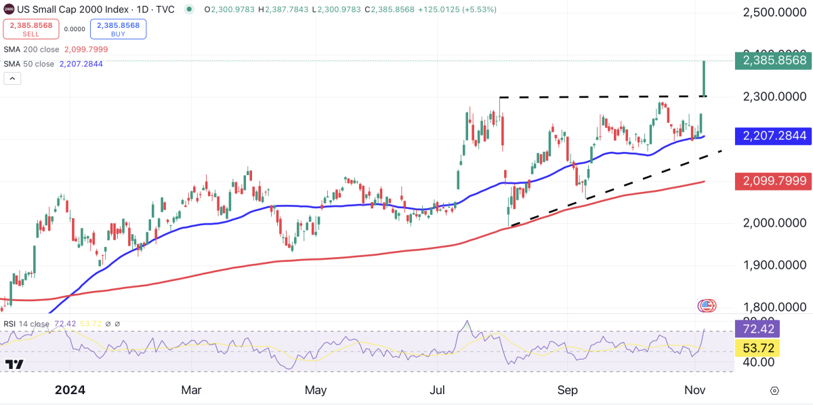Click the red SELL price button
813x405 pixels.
[30, 29]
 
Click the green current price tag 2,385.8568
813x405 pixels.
[775, 60]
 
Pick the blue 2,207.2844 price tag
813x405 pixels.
[775, 136]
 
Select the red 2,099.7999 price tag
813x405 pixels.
[775, 181]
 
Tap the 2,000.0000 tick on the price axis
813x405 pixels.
[775, 223]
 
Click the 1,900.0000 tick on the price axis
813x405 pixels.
[775, 265]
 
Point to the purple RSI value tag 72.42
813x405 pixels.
[757, 330]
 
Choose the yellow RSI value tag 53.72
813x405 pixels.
[757, 348]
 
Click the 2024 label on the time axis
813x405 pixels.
[70, 391]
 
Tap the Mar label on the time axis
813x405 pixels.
[192, 391]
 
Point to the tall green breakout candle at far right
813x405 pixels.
[705, 78]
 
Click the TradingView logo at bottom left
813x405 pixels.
[14, 364]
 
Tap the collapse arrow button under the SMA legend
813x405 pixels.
[12, 79]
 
